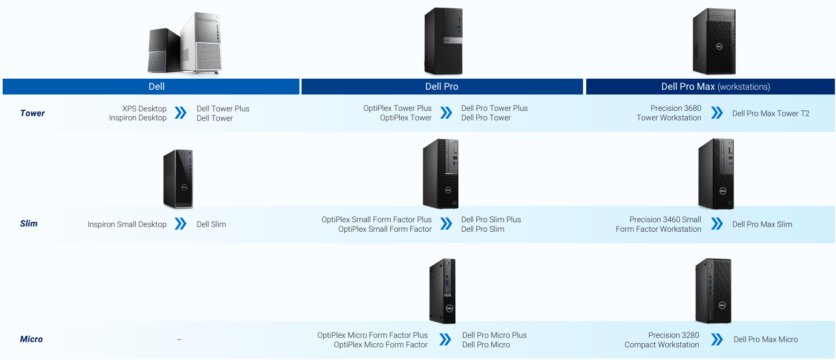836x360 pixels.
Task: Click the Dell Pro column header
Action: coord(442,87)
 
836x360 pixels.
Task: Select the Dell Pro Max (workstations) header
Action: coord(715,87)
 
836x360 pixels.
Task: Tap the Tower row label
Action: coord(32,113)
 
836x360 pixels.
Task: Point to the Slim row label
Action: coord(29,223)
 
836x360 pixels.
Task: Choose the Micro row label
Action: coord(31,339)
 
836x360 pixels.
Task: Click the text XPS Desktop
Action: coord(144,109)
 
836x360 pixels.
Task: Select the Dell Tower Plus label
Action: coord(223,109)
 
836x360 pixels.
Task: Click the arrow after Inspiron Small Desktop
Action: coord(181,224)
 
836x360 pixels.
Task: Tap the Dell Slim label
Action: coord(211,224)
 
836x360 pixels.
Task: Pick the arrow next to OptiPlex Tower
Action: coord(446,113)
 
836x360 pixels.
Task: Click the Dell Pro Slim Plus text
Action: coord(491,220)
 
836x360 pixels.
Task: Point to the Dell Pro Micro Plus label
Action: coord(494,335)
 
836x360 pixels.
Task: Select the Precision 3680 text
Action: coord(675,108)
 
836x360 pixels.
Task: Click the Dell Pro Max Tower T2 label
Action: coord(771,113)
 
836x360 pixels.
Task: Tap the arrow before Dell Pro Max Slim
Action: coord(717,224)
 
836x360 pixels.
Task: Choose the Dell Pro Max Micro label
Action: coord(765,339)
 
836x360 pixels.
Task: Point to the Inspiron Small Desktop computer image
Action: coord(179,178)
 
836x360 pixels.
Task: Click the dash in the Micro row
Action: coord(180,339)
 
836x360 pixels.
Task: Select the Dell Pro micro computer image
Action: coord(443,290)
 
